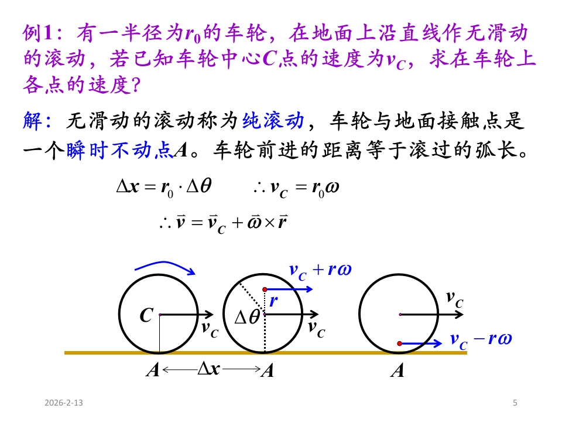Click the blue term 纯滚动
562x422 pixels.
point(273,122)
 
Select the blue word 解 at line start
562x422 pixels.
point(32,122)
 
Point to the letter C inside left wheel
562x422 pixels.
point(146,316)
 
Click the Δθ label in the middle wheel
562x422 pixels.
point(247,318)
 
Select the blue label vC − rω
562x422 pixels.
point(481,339)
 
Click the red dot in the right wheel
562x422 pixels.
point(399,343)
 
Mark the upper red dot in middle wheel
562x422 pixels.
point(265,290)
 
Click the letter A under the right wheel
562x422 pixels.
point(397,370)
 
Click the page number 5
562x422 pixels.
point(515,403)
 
